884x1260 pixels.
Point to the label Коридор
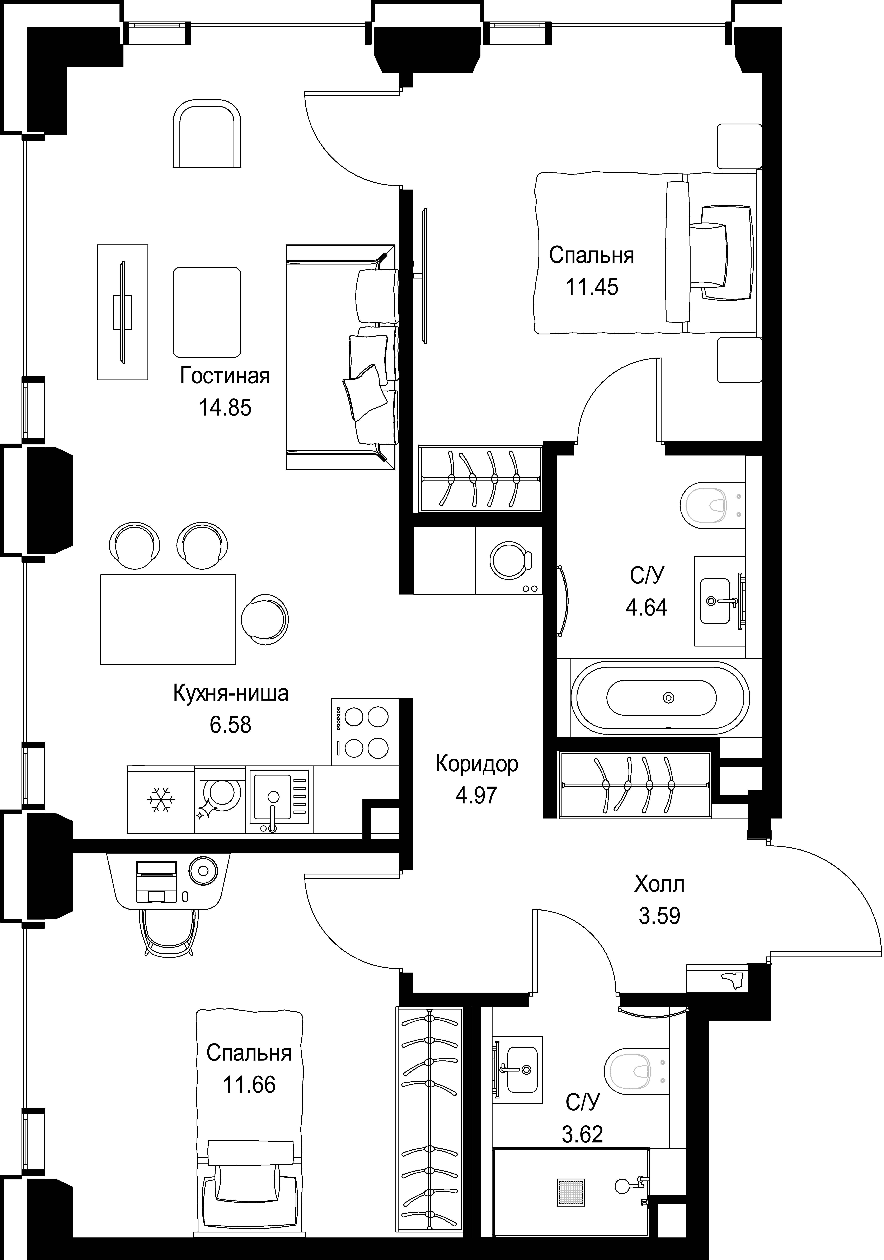point(477,764)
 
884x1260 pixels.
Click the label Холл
point(659,885)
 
